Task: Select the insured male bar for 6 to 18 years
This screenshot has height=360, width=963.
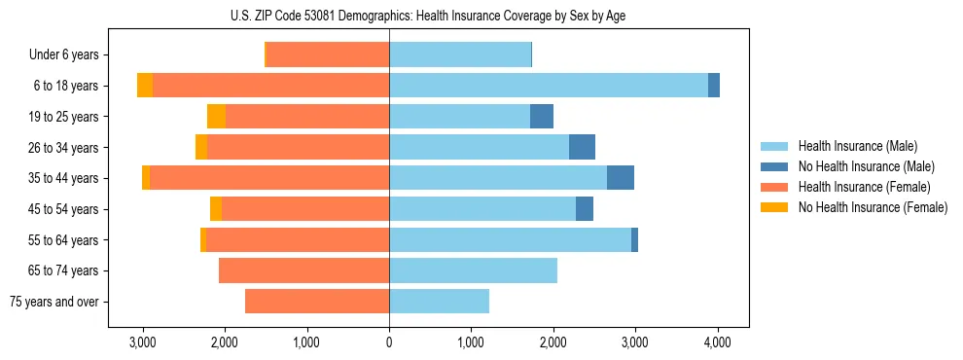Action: click(x=549, y=86)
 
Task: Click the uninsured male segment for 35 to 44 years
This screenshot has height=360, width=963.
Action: click(x=621, y=178)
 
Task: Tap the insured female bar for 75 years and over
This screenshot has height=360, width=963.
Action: click(x=317, y=302)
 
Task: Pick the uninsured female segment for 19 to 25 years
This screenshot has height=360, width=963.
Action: click(x=216, y=117)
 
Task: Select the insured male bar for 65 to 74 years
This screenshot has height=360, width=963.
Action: click(x=473, y=270)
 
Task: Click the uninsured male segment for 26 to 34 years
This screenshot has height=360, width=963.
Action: click(x=582, y=148)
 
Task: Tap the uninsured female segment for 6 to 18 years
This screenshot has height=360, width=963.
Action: click(x=145, y=86)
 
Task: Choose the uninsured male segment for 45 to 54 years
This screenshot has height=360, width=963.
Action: click(x=585, y=209)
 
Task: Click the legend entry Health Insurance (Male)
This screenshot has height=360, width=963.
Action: click(x=856, y=146)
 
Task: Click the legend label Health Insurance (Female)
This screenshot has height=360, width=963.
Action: click(x=864, y=187)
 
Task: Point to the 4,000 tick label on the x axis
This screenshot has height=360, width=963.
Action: click(x=718, y=342)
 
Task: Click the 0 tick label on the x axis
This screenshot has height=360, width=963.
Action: click(x=389, y=342)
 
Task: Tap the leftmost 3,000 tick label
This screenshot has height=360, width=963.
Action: click(x=143, y=342)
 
